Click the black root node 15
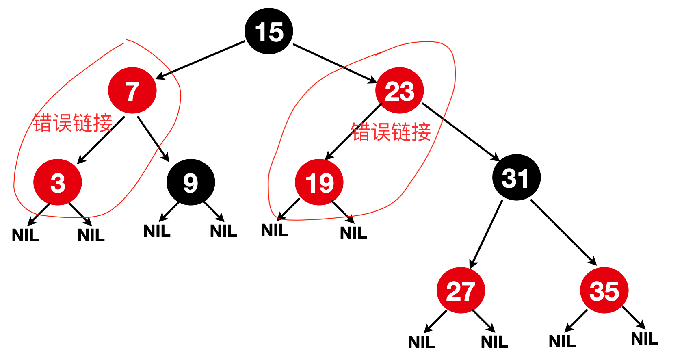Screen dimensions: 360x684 click(269, 31)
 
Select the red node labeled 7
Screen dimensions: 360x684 click(132, 90)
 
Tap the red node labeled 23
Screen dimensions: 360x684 click(399, 90)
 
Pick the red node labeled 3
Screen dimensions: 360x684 click(58, 182)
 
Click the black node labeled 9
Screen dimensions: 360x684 click(190, 182)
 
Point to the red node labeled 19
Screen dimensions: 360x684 click(319, 182)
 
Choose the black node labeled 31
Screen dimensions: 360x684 click(516, 177)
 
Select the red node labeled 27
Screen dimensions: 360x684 click(461, 290)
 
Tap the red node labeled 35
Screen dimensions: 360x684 click(604, 290)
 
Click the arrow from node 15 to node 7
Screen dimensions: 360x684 click(200, 59)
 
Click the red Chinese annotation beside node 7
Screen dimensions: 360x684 click(73, 123)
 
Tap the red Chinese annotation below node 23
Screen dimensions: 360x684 click(391, 132)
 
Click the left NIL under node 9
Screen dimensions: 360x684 click(157, 231)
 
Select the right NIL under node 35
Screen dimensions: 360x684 click(645, 339)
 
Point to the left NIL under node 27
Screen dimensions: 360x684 click(422, 343)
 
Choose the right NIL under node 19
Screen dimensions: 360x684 click(353, 233)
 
